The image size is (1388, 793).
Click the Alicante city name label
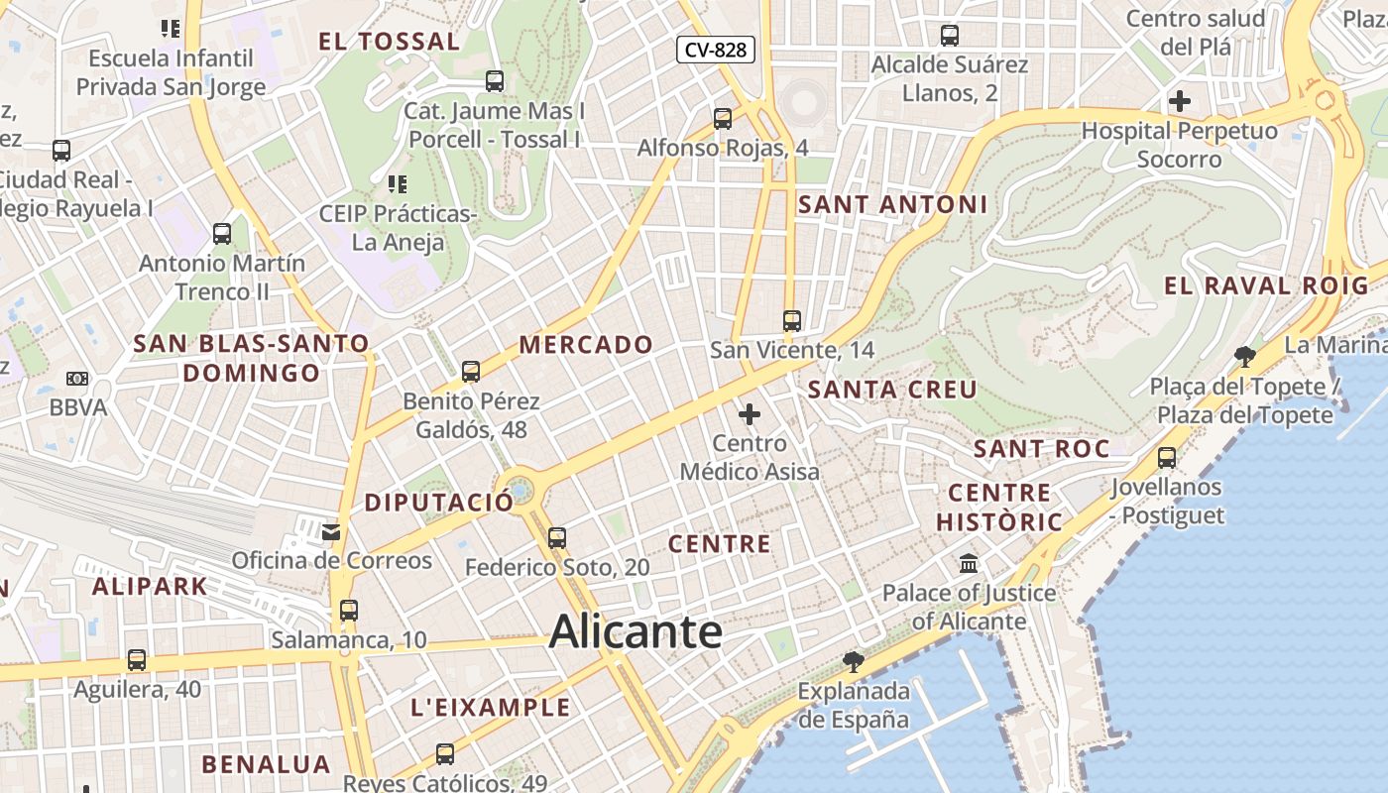click(636, 631)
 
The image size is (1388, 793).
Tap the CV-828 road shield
click(716, 50)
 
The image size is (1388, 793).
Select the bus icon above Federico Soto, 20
click(557, 538)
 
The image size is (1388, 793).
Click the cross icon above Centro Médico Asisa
click(750, 413)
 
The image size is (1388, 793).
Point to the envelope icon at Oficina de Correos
click(331, 532)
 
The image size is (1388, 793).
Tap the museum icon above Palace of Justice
click(969, 564)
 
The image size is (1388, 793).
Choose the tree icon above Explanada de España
click(853, 661)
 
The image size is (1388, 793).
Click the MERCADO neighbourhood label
click(586, 345)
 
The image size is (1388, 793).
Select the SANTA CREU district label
click(892, 390)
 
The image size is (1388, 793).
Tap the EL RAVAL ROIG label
click(1265, 286)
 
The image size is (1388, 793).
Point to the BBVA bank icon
click(77, 378)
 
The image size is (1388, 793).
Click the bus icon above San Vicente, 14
click(791, 320)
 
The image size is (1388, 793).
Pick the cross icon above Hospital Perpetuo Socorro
click(1180, 101)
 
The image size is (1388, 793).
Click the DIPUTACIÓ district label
click(439, 503)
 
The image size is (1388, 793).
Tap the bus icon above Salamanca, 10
click(348, 611)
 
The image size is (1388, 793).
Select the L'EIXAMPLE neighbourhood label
click(491, 708)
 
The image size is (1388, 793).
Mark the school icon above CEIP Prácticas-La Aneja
click(398, 183)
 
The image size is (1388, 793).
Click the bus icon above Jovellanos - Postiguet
click(1167, 458)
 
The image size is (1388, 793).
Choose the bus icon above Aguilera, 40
click(137, 660)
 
